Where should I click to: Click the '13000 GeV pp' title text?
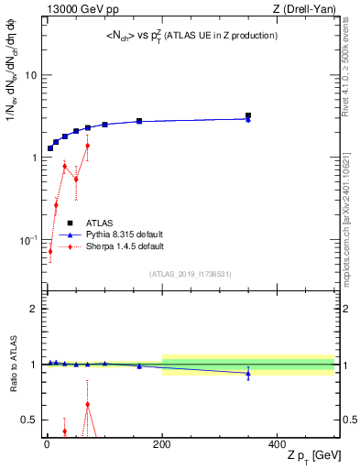(x=81, y=9)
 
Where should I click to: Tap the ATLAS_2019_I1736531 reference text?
(x=189, y=274)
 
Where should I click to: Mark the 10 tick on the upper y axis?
(x=30, y=75)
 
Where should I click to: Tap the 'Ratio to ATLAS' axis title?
(x=11, y=364)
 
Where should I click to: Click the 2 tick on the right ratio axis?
(x=345, y=309)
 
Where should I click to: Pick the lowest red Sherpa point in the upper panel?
(x=50, y=251)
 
